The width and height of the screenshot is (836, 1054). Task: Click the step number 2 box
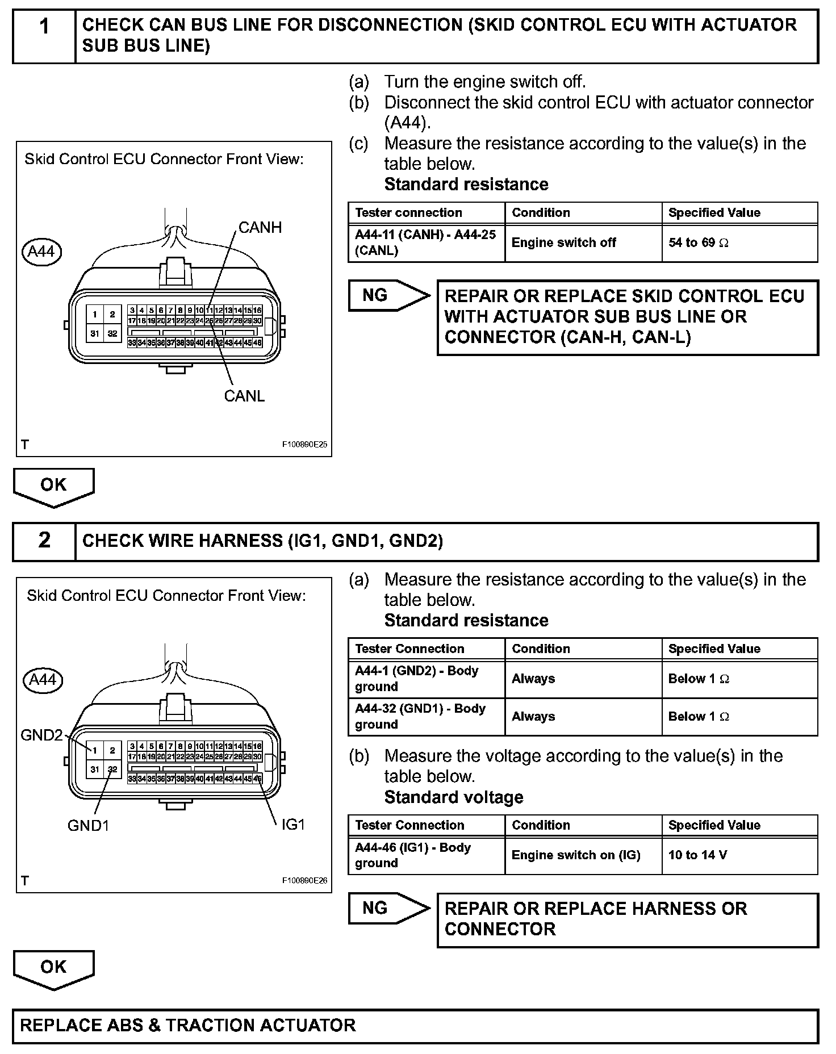click(x=44, y=541)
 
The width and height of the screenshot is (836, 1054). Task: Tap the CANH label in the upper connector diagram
click(x=260, y=228)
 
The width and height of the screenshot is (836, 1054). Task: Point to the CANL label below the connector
click(x=244, y=396)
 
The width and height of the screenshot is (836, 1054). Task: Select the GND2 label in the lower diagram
click(x=41, y=735)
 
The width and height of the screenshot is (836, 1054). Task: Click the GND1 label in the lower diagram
click(x=88, y=825)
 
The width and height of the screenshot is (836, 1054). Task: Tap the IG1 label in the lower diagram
click(x=293, y=825)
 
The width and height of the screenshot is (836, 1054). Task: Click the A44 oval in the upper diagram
click(x=41, y=252)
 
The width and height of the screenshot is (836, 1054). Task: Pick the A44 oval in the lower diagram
click(x=42, y=680)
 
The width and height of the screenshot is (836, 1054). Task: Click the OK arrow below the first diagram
click(x=54, y=486)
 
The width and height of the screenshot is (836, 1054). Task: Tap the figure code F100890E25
click(x=304, y=445)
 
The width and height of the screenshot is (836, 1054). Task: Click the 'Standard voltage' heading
click(x=454, y=797)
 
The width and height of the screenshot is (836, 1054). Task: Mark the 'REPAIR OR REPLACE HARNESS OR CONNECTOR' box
click(x=627, y=919)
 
